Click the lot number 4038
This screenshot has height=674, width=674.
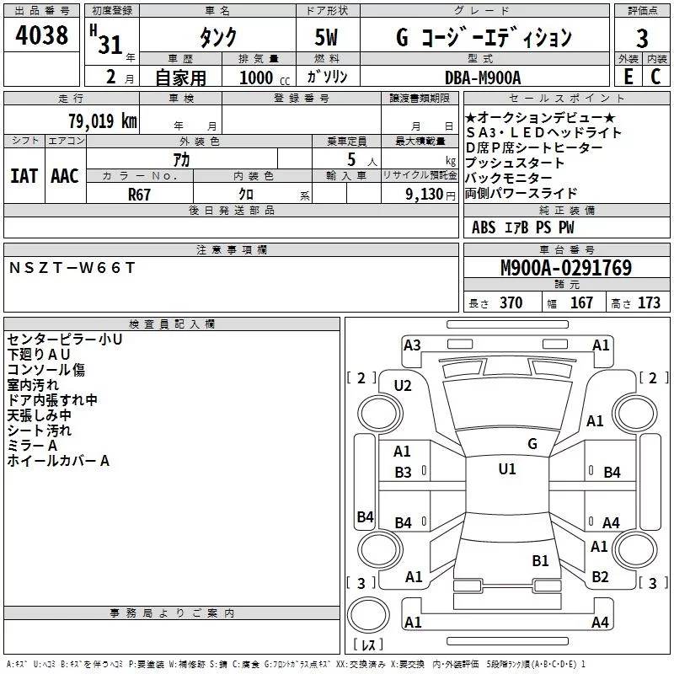(x=41, y=37)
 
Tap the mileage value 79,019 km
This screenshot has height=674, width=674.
(x=102, y=121)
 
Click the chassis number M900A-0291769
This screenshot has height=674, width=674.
(x=566, y=269)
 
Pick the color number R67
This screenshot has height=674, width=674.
(x=139, y=193)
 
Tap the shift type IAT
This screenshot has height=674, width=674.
(x=24, y=175)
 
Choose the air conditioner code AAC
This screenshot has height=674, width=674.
(x=65, y=175)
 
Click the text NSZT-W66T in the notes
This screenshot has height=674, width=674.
(x=72, y=268)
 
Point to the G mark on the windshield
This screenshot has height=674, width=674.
(x=532, y=443)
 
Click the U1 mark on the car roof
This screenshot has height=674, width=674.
(x=506, y=469)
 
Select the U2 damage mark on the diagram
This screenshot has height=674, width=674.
(x=403, y=386)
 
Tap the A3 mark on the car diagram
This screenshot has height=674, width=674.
(x=412, y=345)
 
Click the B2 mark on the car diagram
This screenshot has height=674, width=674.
(x=600, y=577)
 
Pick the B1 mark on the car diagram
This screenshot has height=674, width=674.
(x=540, y=560)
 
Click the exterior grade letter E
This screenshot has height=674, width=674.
(x=628, y=77)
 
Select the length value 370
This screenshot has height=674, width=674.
(x=511, y=303)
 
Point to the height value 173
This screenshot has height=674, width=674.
(x=649, y=303)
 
